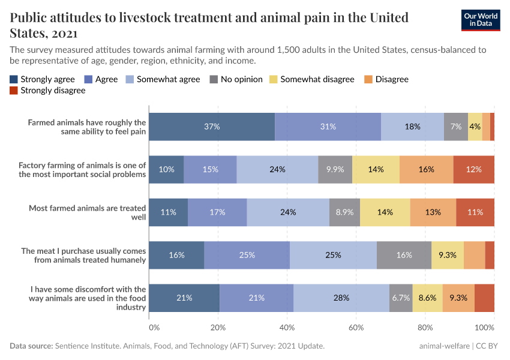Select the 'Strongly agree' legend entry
[42, 79]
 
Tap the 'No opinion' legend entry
[234, 79]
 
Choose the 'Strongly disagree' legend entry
[47, 91]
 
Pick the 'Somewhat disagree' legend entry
[311, 79]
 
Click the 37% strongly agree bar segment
[212, 127]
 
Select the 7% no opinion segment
[456, 127]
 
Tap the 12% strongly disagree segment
[474, 169]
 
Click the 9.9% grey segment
[335, 169]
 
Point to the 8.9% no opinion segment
[344, 212]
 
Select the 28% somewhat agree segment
[341, 298]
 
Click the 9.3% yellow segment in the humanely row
[447, 255]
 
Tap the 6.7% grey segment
[401, 298]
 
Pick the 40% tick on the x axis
[287, 328]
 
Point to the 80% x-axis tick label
[425, 328]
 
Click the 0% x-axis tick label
[154, 328]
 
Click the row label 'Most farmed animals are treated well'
[87, 212]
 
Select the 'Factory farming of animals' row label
[82, 169]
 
